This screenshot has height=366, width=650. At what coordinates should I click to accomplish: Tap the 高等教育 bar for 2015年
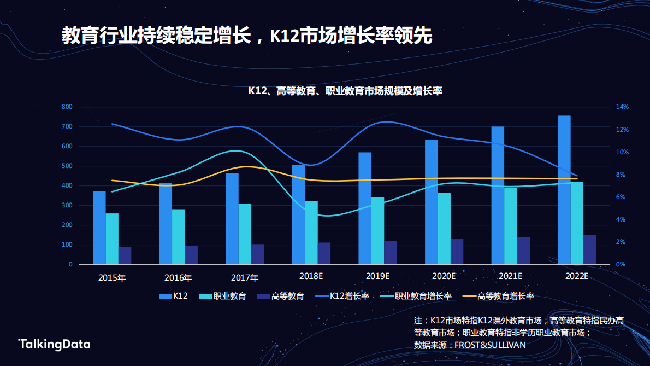pyautogui.click(x=125, y=255)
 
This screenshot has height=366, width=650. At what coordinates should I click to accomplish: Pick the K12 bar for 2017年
pyautogui.click(x=232, y=219)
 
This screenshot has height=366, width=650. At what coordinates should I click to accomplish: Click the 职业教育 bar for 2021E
pyautogui.click(x=510, y=226)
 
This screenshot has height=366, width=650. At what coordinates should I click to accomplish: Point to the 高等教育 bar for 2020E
pyautogui.click(x=457, y=252)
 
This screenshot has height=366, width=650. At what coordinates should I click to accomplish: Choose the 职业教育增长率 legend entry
pyautogui.click(x=423, y=296)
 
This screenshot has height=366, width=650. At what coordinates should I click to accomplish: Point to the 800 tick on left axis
pyautogui.click(x=67, y=107)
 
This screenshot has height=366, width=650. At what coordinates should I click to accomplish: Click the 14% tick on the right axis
pyautogui.click(x=622, y=107)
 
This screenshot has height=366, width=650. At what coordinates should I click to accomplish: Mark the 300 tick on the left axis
pyautogui.click(x=67, y=206)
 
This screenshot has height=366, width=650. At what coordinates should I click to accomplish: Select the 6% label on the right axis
pyautogui.click(x=621, y=197)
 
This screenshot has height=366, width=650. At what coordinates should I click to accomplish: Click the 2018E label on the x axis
pyautogui.click(x=311, y=276)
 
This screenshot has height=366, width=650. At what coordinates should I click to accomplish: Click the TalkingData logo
pyautogui.click(x=55, y=344)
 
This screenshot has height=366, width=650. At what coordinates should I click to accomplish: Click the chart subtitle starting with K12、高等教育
pyautogui.click(x=345, y=91)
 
